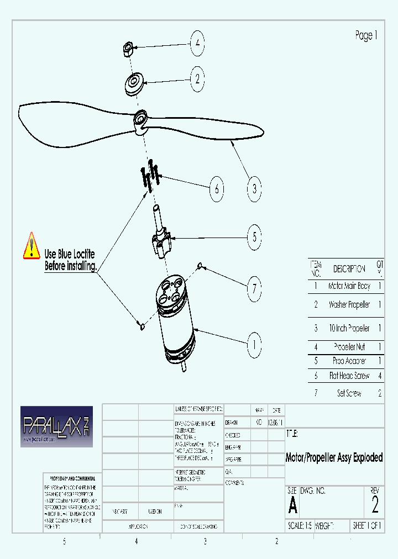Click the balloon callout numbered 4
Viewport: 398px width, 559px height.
point(197,44)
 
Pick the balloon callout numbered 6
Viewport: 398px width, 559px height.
point(217,189)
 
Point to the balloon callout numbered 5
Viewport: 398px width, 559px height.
point(254,237)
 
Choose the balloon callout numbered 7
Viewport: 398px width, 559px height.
point(254,288)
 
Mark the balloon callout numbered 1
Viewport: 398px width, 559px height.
point(254,346)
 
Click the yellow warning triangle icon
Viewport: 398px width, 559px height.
point(32,246)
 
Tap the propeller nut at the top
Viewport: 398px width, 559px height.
point(127,49)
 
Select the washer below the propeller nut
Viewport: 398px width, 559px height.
point(133,85)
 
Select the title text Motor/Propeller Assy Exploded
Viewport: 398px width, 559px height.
point(334,458)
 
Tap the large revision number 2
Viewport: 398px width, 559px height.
point(375,504)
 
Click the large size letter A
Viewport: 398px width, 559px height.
point(292,505)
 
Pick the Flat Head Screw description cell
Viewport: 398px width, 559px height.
point(349,376)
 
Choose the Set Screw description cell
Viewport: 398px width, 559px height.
point(349,393)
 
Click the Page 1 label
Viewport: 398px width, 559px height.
point(366,36)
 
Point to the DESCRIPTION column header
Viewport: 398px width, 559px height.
point(349,269)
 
